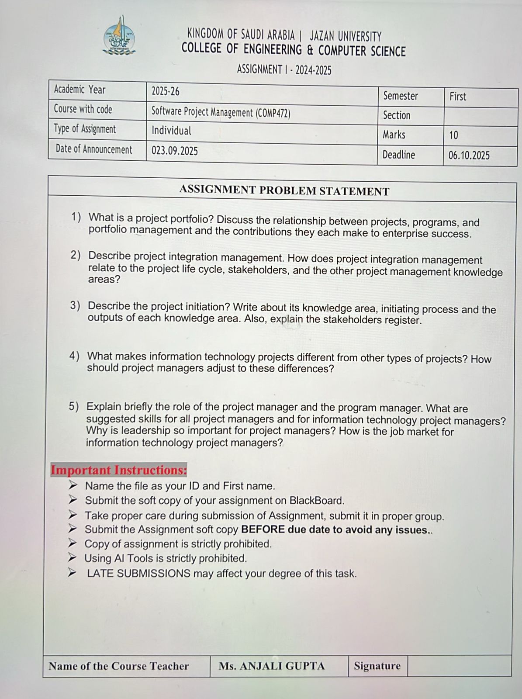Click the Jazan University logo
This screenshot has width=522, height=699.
tap(119, 37)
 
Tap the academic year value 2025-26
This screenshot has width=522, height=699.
tap(166, 91)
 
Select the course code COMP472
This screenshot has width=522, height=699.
tap(273, 113)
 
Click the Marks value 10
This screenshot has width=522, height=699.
tap(454, 135)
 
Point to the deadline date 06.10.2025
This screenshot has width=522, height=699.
tap(469, 156)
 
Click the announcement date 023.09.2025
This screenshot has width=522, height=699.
tap(175, 151)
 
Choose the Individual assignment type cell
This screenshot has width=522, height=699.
tap(172, 131)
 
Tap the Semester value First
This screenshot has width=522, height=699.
tap(458, 97)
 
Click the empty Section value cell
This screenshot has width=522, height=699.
tap(480, 117)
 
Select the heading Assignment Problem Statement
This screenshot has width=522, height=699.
tap(284, 191)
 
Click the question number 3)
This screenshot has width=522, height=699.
tap(76, 306)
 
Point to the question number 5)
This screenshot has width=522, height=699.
tap(74, 407)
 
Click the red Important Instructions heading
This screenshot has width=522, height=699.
tap(119, 470)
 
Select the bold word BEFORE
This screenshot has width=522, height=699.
tap(263, 530)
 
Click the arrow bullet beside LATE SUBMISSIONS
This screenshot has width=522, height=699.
tap(73, 572)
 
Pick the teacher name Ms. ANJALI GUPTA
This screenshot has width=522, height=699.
tap(272, 666)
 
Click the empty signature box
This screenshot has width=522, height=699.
tap(459, 666)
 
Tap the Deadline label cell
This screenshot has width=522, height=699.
tap(399, 155)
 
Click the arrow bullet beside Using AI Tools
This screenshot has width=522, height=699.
tap(73, 557)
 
